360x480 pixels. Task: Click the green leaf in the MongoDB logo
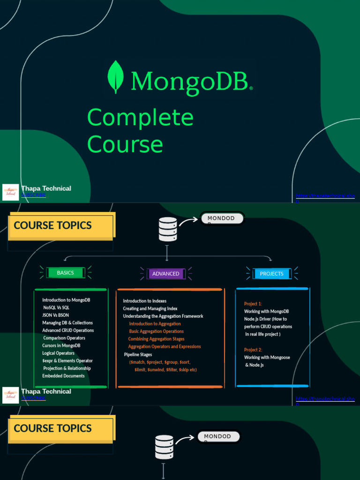click(x=115, y=77)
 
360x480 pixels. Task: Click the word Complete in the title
click(x=140, y=117)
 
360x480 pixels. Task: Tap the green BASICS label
click(x=66, y=273)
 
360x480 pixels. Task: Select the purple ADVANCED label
click(x=165, y=274)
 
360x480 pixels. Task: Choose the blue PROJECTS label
click(x=272, y=274)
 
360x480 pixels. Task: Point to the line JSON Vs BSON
click(x=55, y=315)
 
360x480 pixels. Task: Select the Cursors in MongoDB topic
click(x=61, y=345)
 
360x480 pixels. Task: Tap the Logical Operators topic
click(x=58, y=353)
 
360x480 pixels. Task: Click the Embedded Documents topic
click(x=63, y=376)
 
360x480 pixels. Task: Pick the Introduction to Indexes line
click(x=145, y=301)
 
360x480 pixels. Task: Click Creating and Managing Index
click(x=150, y=308)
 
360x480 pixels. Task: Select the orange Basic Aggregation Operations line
click(x=156, y=331)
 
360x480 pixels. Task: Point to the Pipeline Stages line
click(x=138, y=354)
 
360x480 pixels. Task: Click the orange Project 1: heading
click(x=253, y=304)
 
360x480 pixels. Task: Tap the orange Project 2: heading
click(x=253, y=350)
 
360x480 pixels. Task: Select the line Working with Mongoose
click(x=267, y=357)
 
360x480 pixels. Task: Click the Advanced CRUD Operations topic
click(x=68, y=330)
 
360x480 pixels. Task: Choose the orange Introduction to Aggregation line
click(x=155, y=324)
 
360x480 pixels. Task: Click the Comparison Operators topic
click(x=64, y=338)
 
